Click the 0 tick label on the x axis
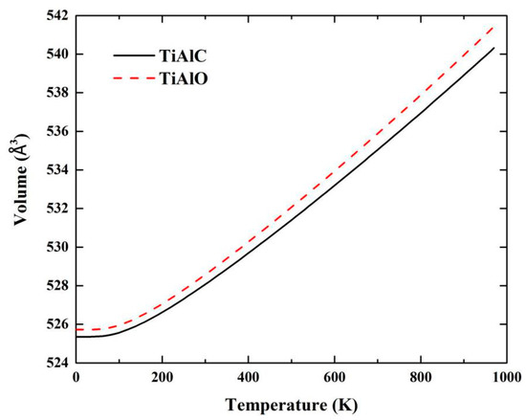pyautogui.click(x=76, y=377)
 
